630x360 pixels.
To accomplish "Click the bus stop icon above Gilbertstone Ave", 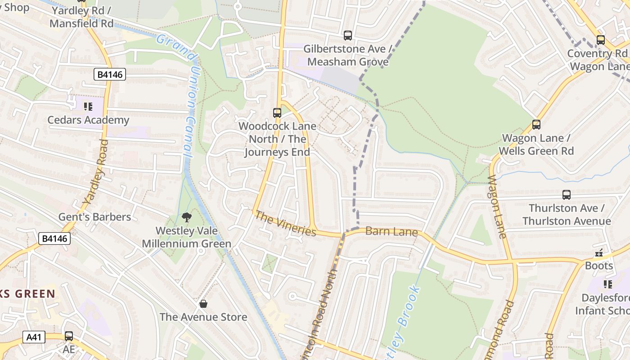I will point(347,35).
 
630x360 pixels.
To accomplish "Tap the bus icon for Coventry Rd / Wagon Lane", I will point(600,40).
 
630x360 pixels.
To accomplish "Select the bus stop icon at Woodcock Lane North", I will point(277,112).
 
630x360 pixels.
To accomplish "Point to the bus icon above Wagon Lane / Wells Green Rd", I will point(536,124).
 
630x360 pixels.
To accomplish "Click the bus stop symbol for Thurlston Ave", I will point(566,194).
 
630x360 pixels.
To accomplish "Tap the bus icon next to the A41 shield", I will point(68,336).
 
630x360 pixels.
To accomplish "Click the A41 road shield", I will point(34,337).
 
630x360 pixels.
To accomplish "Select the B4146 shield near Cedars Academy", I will point(109,74).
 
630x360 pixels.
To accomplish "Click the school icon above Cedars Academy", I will point(88,107).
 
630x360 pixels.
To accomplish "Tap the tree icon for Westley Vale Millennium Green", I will point(186,218).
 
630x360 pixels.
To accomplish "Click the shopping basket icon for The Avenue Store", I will point(203,304).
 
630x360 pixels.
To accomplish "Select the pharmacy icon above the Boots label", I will point(598,253).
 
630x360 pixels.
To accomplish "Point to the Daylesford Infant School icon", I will point(607,284).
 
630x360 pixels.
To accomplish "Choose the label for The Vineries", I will point(285,223).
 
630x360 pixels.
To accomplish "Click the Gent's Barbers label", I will point(94,217).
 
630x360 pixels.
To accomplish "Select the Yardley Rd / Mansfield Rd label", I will point(81,17).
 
